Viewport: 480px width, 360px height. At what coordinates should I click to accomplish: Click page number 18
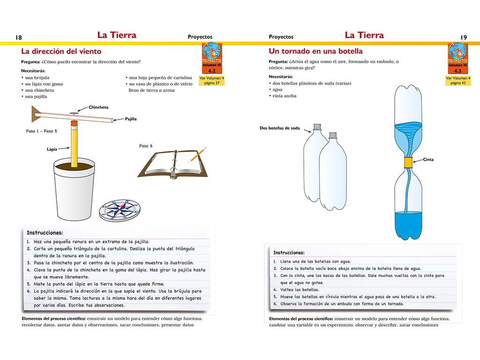pos(19,37)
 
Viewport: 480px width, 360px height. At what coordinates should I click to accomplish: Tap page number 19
pos(464,37)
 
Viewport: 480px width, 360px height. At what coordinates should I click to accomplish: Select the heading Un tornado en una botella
pos(315,52)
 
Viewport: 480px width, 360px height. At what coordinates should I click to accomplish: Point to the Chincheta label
pos(98,107)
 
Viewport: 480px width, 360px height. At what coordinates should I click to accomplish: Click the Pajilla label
pos(131,119)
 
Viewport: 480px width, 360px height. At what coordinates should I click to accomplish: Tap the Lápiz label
pos(52,149)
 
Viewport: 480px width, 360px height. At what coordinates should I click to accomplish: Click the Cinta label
pos(428,160)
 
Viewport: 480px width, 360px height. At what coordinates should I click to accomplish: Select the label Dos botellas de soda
pos(280,128)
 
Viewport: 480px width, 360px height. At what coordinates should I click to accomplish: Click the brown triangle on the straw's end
pos(36,112)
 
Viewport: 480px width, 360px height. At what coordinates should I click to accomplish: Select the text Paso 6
pos(146,146)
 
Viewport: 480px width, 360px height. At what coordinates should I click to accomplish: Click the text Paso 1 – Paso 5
pos(42,131)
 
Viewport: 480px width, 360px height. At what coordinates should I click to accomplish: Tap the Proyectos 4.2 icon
pos(212,58)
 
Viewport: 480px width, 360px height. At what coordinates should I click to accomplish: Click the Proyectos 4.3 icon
pos(459,58)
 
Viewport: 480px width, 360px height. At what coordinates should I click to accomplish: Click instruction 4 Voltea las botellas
pos(300,290)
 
